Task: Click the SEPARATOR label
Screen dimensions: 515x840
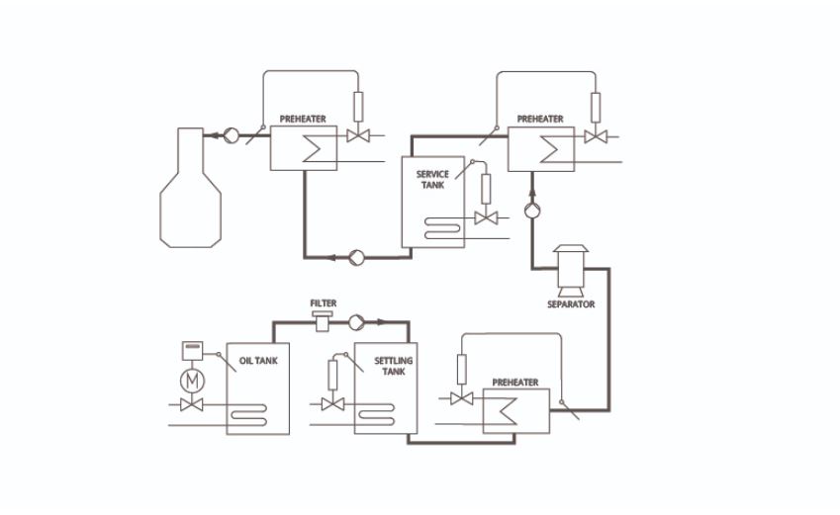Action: [x=571, y=304]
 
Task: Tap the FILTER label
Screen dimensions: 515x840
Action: [x=324, y=302]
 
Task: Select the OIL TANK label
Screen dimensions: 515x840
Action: [x=259, y=361]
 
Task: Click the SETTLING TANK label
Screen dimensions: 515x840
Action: [x=393, y=366]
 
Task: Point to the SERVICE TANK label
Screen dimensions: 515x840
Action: [x=433, y=178]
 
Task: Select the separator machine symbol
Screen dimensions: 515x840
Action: [x=572, y=269]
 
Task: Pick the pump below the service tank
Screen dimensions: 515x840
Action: [x=356, y=259]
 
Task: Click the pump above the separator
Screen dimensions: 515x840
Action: [x=532, y=210]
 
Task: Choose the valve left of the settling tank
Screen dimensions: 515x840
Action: [x=333, y=404]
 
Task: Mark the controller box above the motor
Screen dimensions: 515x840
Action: [x=192, y=351]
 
